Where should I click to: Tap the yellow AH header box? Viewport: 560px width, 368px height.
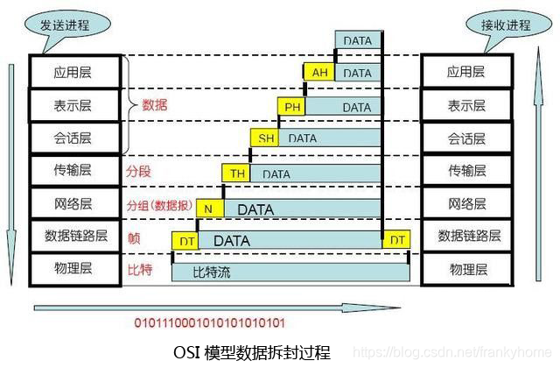319,74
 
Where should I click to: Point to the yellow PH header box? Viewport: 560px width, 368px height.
291,107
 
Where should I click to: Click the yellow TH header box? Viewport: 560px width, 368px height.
237,173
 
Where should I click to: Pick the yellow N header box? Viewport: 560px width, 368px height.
209,209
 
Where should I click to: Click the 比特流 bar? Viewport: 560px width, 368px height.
292,272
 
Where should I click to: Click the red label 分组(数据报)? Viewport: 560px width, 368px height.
159,206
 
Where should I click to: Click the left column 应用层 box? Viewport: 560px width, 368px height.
73,72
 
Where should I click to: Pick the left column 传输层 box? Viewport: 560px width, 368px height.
73,171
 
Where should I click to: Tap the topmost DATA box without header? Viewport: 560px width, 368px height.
357,40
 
